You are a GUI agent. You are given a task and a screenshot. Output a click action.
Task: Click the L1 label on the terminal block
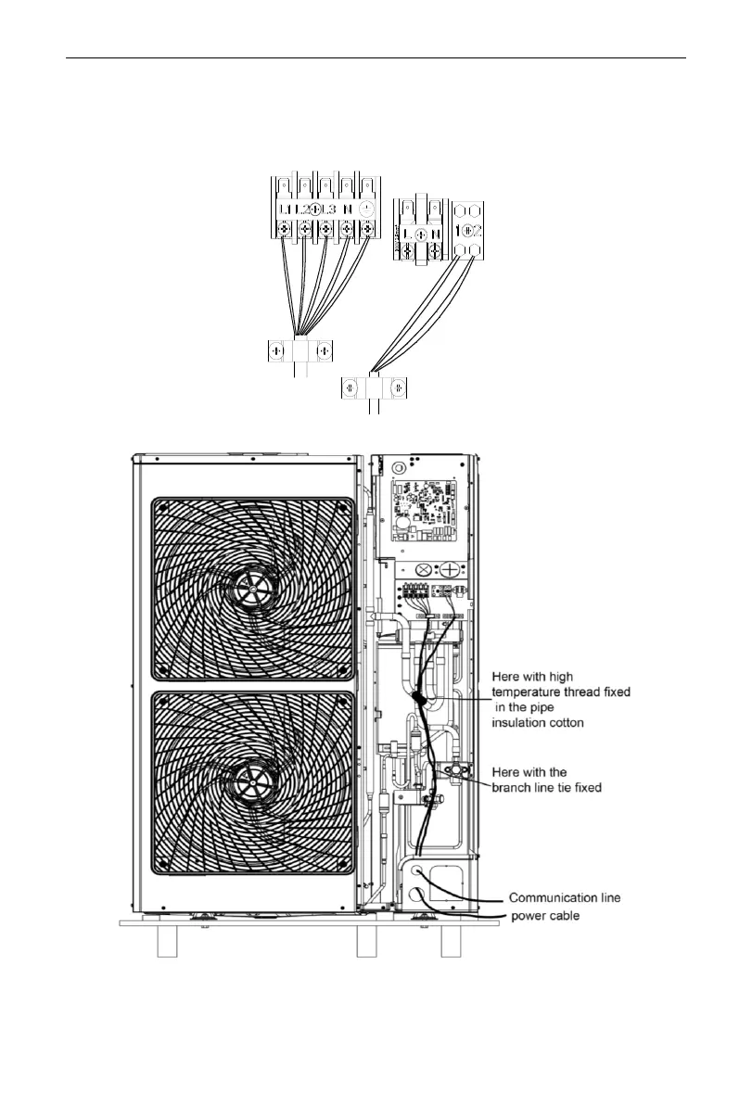point(285,209)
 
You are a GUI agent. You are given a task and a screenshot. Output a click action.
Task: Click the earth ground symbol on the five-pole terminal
point(368,209)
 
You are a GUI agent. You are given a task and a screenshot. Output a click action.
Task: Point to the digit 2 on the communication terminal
point(478,231)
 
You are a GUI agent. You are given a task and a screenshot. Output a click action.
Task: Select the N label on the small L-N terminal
point(434,234)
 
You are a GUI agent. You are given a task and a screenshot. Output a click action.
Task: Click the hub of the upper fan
point(252,587)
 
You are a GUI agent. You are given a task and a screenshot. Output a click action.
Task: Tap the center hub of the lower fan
point(252,780)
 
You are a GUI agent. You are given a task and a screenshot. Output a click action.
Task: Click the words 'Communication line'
point(565,897)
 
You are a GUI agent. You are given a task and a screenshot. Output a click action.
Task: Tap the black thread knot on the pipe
point(418,697)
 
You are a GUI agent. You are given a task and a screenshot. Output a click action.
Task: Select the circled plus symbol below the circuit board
point(450,567)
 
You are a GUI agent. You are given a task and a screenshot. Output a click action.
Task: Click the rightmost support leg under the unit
point(452,942)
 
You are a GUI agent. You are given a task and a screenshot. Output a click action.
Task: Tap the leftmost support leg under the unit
point(167,942)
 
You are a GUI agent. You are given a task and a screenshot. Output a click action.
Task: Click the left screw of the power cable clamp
point(276,352)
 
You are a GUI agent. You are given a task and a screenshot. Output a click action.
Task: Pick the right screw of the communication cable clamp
point(396,388)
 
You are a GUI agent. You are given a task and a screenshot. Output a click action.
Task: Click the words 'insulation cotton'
point(551,723)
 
